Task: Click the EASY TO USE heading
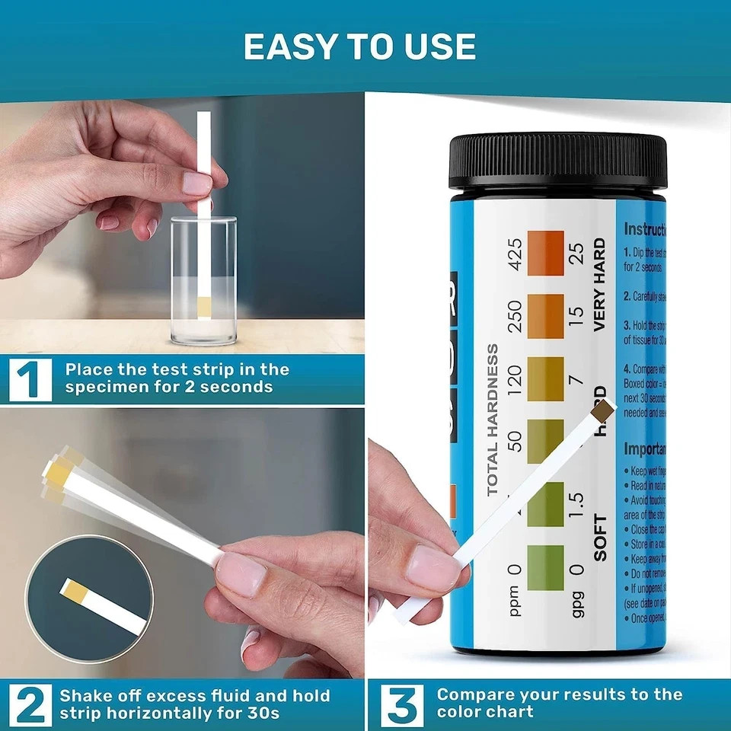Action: click(x=359, y=47)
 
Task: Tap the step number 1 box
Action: click(x=30, y=378)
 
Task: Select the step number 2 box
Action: click(x=30, y=704)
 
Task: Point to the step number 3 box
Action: click(x=401, y=704)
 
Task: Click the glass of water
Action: click(x=203, y=282)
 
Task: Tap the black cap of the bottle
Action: click(x=557, y=161)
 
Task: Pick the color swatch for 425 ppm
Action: click(x=545, y=254)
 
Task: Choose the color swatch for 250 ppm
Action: click(x=545, y=316)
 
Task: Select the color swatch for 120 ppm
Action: click(x=545, y=378)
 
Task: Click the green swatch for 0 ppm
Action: click(x=545, y=567)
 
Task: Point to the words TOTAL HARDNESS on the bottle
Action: click(x=493, y=420)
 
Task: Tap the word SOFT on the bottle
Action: click(x=601, y=538)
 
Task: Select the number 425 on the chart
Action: click(x=515, y=254)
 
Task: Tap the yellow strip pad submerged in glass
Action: click(x=204, y=307)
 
